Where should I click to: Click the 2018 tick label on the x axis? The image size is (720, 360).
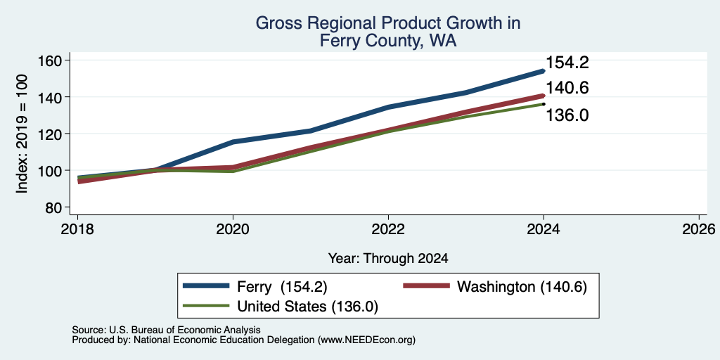coord(77,229)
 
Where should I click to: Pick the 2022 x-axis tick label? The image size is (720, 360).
coord(388,229)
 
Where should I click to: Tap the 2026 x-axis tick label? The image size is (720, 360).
coord(700,229)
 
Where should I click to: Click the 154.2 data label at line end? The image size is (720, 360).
coord(567,63)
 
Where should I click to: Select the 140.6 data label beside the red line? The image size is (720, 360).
coord(567,88)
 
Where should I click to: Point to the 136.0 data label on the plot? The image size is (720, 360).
coord(567,115)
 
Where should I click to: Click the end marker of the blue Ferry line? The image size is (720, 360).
coord(544,71)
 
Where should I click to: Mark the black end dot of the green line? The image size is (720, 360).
coord(544,104)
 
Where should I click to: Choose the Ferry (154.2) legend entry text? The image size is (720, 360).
coord(282,287)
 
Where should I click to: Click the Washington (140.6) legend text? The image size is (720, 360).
coord(522,287)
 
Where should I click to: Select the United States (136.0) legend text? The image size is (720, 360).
coord(307,307)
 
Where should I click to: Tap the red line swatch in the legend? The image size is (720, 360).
coord(426,286)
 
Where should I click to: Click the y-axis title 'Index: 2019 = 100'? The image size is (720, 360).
coord(22,134)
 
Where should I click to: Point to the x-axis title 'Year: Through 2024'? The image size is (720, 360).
coord(388,259)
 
